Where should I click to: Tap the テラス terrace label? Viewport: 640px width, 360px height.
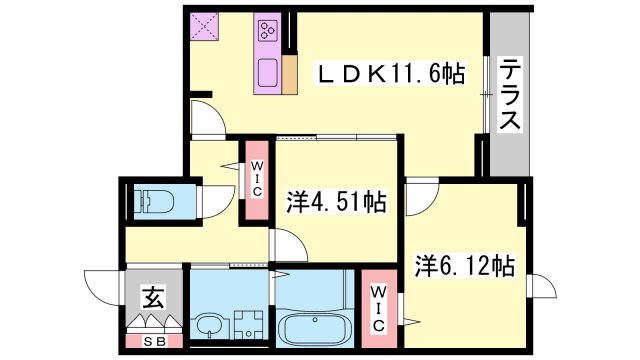tap(509, 95)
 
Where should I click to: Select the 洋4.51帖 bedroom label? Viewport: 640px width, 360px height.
tap(338, 200)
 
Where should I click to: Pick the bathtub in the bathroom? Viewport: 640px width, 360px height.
tap(313, 326)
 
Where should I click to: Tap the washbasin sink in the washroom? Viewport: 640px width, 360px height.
tap(210, 326)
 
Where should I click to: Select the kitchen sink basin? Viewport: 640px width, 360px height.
tap(269, 73)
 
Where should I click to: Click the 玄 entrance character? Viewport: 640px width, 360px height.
tap(153, 296)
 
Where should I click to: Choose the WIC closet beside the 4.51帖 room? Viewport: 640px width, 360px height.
tap(257, 179)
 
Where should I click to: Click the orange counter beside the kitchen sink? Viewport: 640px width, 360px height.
tap(290, 75)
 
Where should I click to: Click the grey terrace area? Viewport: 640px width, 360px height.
tap(509, 150)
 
